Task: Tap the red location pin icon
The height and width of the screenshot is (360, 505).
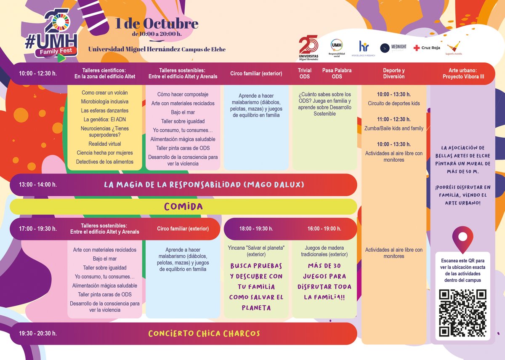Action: (462, 239)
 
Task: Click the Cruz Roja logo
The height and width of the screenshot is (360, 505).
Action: (427, 48)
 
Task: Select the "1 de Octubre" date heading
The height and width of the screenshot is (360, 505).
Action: (157, 24)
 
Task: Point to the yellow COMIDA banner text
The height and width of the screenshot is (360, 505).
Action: (183, 207)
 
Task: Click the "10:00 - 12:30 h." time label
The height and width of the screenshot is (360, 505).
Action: (38, 74)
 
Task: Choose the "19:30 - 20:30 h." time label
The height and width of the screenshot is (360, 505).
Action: (38, 333)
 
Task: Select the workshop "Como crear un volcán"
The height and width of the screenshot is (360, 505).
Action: (105, 93)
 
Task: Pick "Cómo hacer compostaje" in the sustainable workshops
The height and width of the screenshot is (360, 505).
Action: (183, 94)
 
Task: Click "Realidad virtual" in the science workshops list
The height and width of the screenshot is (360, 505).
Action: (105, 144)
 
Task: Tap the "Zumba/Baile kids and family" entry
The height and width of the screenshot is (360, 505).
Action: (394, 128)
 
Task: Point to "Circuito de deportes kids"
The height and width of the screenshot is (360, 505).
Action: (394, 104)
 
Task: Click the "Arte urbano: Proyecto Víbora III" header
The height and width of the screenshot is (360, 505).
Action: (463, 74)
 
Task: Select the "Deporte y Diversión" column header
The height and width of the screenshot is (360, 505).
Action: (394, 74)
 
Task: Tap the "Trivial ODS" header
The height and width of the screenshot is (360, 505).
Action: (305, 74)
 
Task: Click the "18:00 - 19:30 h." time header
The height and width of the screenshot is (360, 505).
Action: (256, 229)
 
